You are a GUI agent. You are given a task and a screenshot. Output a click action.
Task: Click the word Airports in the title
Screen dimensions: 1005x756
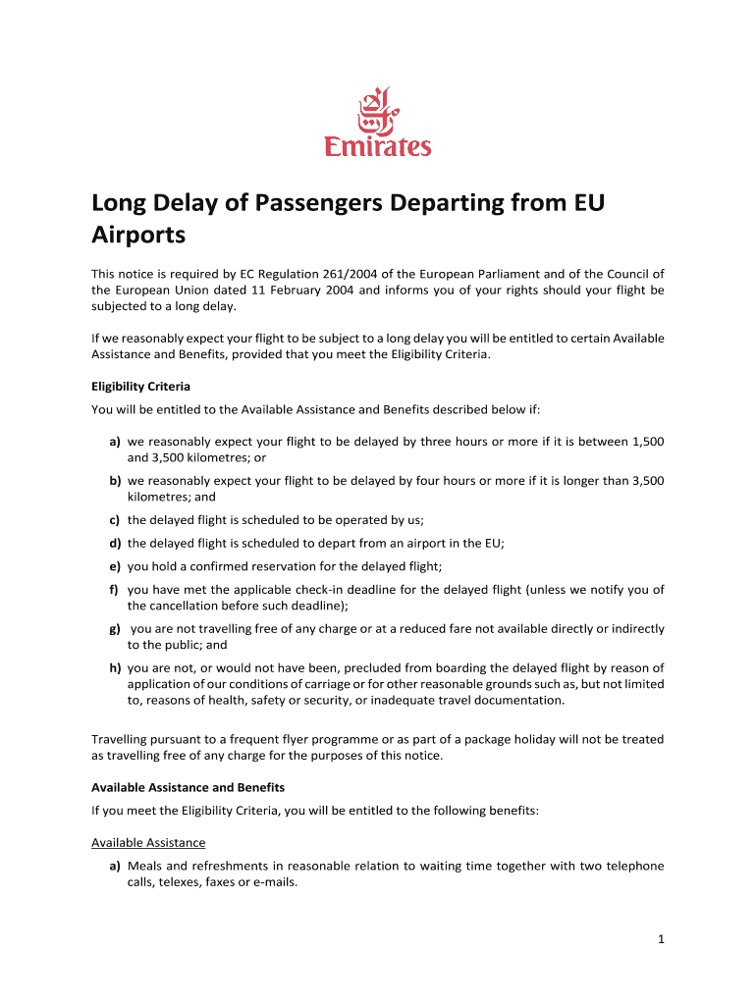point(138,236)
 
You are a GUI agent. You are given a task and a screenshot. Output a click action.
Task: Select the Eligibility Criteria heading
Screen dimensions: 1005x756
point(140,387)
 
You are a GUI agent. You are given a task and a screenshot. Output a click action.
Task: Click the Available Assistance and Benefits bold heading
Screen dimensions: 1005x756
point(188,787)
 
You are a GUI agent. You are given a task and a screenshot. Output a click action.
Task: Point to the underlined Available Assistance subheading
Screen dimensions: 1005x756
point(148,842)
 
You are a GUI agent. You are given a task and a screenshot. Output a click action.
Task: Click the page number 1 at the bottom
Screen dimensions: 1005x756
point(662,939)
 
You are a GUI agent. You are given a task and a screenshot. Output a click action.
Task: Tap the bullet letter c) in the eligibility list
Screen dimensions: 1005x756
point(115,520)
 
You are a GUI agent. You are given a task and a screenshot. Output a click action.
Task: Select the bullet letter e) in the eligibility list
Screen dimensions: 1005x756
point(115,566)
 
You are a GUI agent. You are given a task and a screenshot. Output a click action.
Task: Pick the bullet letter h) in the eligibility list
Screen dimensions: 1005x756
point(115,667)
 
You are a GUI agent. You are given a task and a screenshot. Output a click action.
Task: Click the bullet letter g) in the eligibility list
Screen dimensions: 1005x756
point(115,628)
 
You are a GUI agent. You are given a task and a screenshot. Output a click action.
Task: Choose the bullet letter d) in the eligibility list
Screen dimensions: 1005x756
point(115,543)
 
